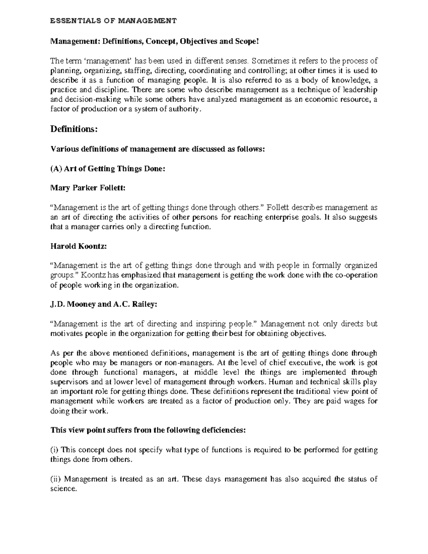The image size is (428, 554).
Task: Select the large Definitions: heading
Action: click(x=74, y=129)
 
